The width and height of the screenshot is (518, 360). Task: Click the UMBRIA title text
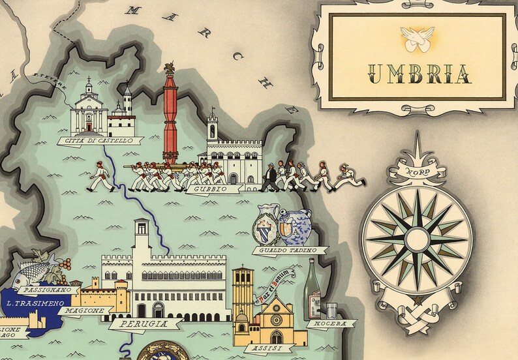418,73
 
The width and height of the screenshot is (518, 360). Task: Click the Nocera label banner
331,323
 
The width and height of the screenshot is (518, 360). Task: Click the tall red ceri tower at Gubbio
172,117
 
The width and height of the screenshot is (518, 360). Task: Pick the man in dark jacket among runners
269,176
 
